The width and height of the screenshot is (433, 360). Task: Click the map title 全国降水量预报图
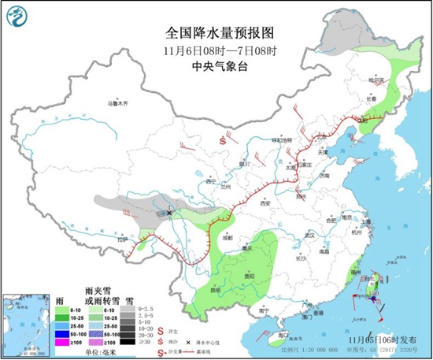coord(219,32)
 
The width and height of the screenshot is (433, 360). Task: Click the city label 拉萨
coord(122,239)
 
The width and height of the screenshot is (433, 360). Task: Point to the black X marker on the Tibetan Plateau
coord(169,212)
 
